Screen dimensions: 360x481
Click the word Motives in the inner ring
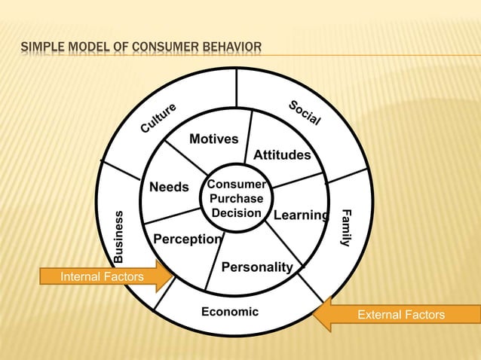point(213,139)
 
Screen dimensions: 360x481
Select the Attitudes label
point(282,155)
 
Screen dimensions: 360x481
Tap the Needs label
point(169,187)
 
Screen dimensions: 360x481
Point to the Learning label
point(301,216)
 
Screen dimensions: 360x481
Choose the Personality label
point(256,267)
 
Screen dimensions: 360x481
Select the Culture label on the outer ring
point(158,118)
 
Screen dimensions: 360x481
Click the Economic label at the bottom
point(229,312)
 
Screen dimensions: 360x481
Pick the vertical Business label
point(118,236)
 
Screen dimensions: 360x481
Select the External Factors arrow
point(392,315)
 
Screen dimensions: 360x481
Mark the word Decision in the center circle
point(237,213)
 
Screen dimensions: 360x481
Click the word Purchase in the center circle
point(237,199)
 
